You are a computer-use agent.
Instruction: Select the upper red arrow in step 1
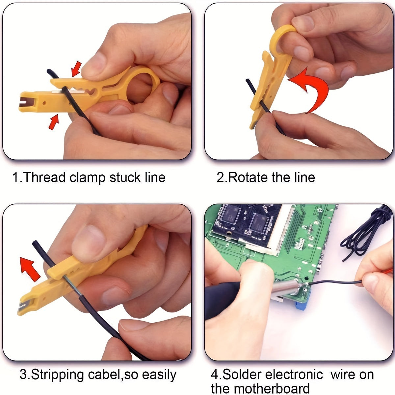click(x=76, y=69)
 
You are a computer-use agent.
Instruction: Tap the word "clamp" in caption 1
click(x=88, y=177)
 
